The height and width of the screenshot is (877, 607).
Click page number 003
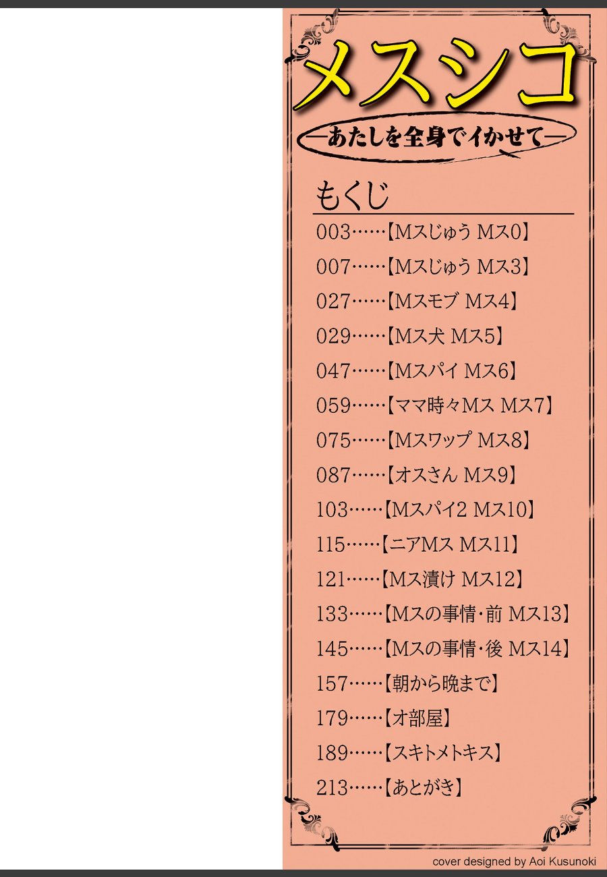click(x=333, y=233)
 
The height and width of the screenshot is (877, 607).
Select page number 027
click(x=333, y=302)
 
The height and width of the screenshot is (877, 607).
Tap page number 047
click(x=333, y=371)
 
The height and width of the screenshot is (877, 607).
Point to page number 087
click(x=333, y=475)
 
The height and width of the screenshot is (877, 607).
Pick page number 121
click(x=330, y=579)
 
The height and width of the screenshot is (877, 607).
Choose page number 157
click(x=332, y=683)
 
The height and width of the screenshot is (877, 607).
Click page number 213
click(x=332, y=787)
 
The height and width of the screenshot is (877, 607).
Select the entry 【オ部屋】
click(x=417, y=718)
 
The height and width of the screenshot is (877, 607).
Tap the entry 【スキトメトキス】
click(x=443, y=753)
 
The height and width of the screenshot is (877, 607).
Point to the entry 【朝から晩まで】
click(x=442, y=683)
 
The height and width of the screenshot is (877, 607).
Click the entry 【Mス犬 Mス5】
click(x=444, y=336)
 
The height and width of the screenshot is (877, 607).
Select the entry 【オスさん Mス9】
click(x=452, y=475)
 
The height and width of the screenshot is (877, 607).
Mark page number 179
click(x=332, y=718)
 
